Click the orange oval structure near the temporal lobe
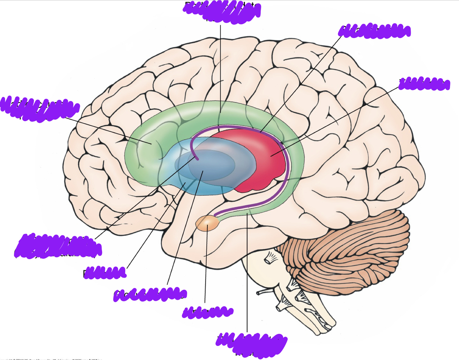pyautogui.click(x=207, y=224)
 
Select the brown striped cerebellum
pyautogui.click(x=348, y=251)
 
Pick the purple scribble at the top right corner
pyautogui.click(x=374, y=31)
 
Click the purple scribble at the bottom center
pyautogui.click(x=251, y=342)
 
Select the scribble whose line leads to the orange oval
pyautogui.click(x=208, y=312)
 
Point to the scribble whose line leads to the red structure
pyautogui.click(x=424, y=84)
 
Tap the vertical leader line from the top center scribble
pyautogui.click(x=221, y=62)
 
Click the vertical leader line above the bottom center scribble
pyautogui.click(x=247, y=275)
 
